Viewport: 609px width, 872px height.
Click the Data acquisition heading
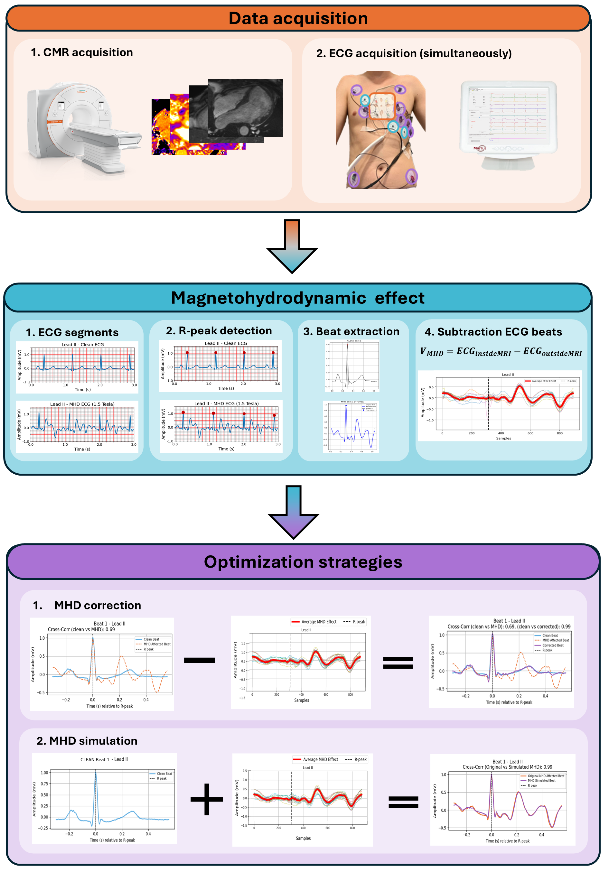click(298, 18)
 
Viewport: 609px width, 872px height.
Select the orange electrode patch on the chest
click(382, 106)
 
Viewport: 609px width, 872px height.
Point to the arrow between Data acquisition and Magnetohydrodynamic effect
click(292, 246)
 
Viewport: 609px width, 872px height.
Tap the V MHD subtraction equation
click(501, 352)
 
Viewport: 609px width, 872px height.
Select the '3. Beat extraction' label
click(351, 331)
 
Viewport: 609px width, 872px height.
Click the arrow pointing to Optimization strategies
click(293, 512)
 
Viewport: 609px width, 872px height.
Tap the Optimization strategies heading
click(303, 562)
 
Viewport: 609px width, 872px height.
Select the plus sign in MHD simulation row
click(207, 799)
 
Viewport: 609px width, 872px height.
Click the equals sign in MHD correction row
click(398, 663)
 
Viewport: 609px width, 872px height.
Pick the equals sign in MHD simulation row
click(403, 802)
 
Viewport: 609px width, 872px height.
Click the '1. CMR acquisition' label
click(82, 52)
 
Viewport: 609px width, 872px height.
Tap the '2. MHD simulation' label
click(87, 741)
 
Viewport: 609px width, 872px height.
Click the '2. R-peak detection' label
click(219, 331)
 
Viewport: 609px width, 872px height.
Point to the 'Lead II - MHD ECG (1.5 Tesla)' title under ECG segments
click(82, 404)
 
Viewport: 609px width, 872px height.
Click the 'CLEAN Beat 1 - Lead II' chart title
click(104, 759)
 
